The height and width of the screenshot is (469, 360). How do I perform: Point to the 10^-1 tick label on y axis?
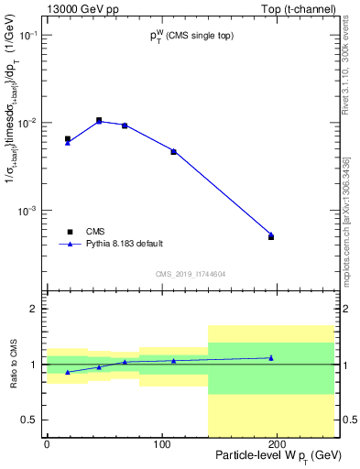click(29, 35)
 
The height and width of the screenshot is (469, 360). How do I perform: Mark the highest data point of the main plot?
click(99, 120)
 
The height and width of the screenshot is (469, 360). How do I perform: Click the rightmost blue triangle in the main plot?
click(270, 234)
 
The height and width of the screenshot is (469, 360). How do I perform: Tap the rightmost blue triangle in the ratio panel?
click(270, 358)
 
